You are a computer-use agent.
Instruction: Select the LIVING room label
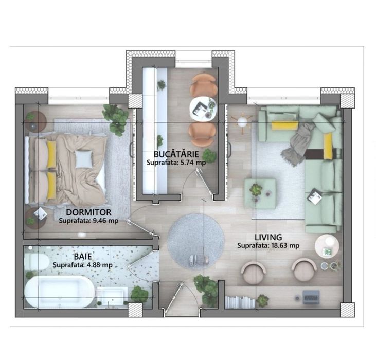(268, 237)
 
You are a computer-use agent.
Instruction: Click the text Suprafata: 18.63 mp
(268, 246)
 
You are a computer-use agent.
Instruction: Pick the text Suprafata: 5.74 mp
(180, 162)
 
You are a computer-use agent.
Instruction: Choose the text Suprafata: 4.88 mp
(82, 265)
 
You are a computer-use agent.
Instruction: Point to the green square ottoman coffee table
(259, 193)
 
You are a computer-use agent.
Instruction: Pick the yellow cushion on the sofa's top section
(281, 125)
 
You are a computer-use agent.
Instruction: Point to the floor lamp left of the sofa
(241, 122)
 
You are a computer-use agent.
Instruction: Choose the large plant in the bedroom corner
(116, 119)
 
